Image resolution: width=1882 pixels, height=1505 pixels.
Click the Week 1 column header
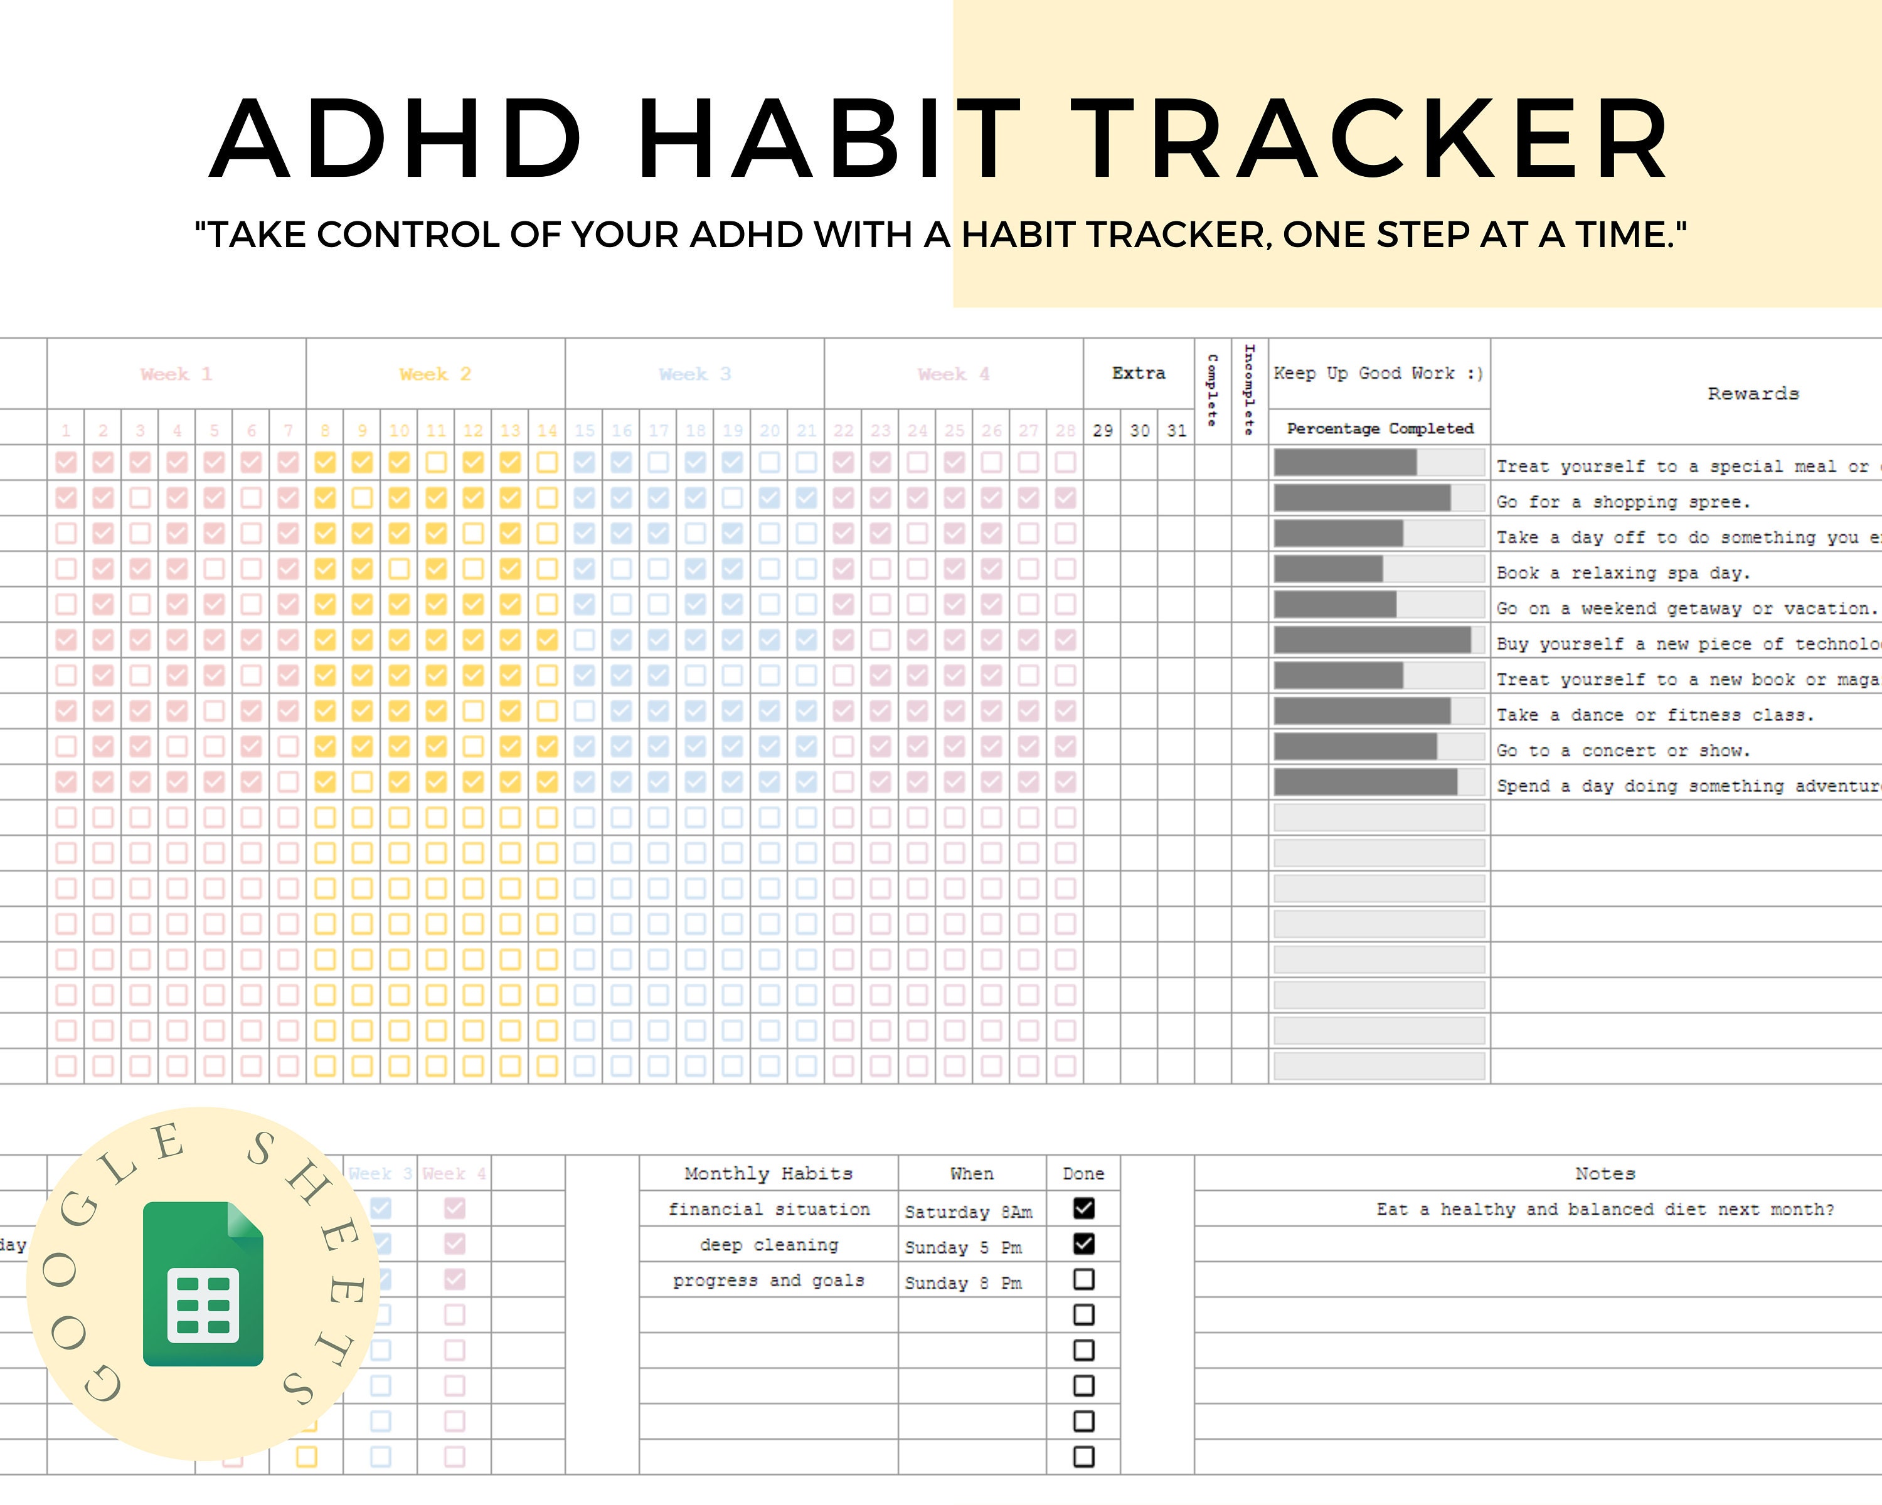coord(176,374)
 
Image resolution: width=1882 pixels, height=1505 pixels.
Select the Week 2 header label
coord(435,374)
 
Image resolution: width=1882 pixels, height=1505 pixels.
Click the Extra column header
coord(1138,373)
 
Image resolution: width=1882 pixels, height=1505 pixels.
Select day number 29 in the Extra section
coord(1102,430)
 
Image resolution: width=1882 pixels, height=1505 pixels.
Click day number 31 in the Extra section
coord(1177,430)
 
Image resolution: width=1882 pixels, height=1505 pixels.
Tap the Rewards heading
coord(1753,393)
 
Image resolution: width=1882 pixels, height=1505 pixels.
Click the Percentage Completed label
coord(1380,428)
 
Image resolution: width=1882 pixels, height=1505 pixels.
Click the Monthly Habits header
coord(768,1173)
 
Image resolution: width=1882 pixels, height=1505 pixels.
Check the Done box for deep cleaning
coord(1083,1244)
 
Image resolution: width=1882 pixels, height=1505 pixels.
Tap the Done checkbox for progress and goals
coord(1083,1279)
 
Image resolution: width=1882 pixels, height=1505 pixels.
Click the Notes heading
coord(1605,1173)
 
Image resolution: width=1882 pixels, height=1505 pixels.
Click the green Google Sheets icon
coord(203,1284)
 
